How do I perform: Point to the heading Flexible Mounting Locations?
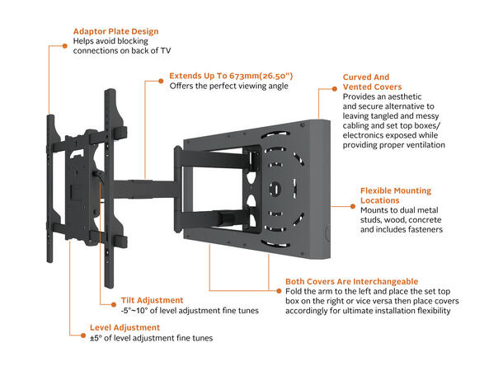tap(395, 195)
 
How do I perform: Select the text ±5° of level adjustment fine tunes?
tap(151, 338)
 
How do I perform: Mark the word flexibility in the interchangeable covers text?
tap(436, 313)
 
